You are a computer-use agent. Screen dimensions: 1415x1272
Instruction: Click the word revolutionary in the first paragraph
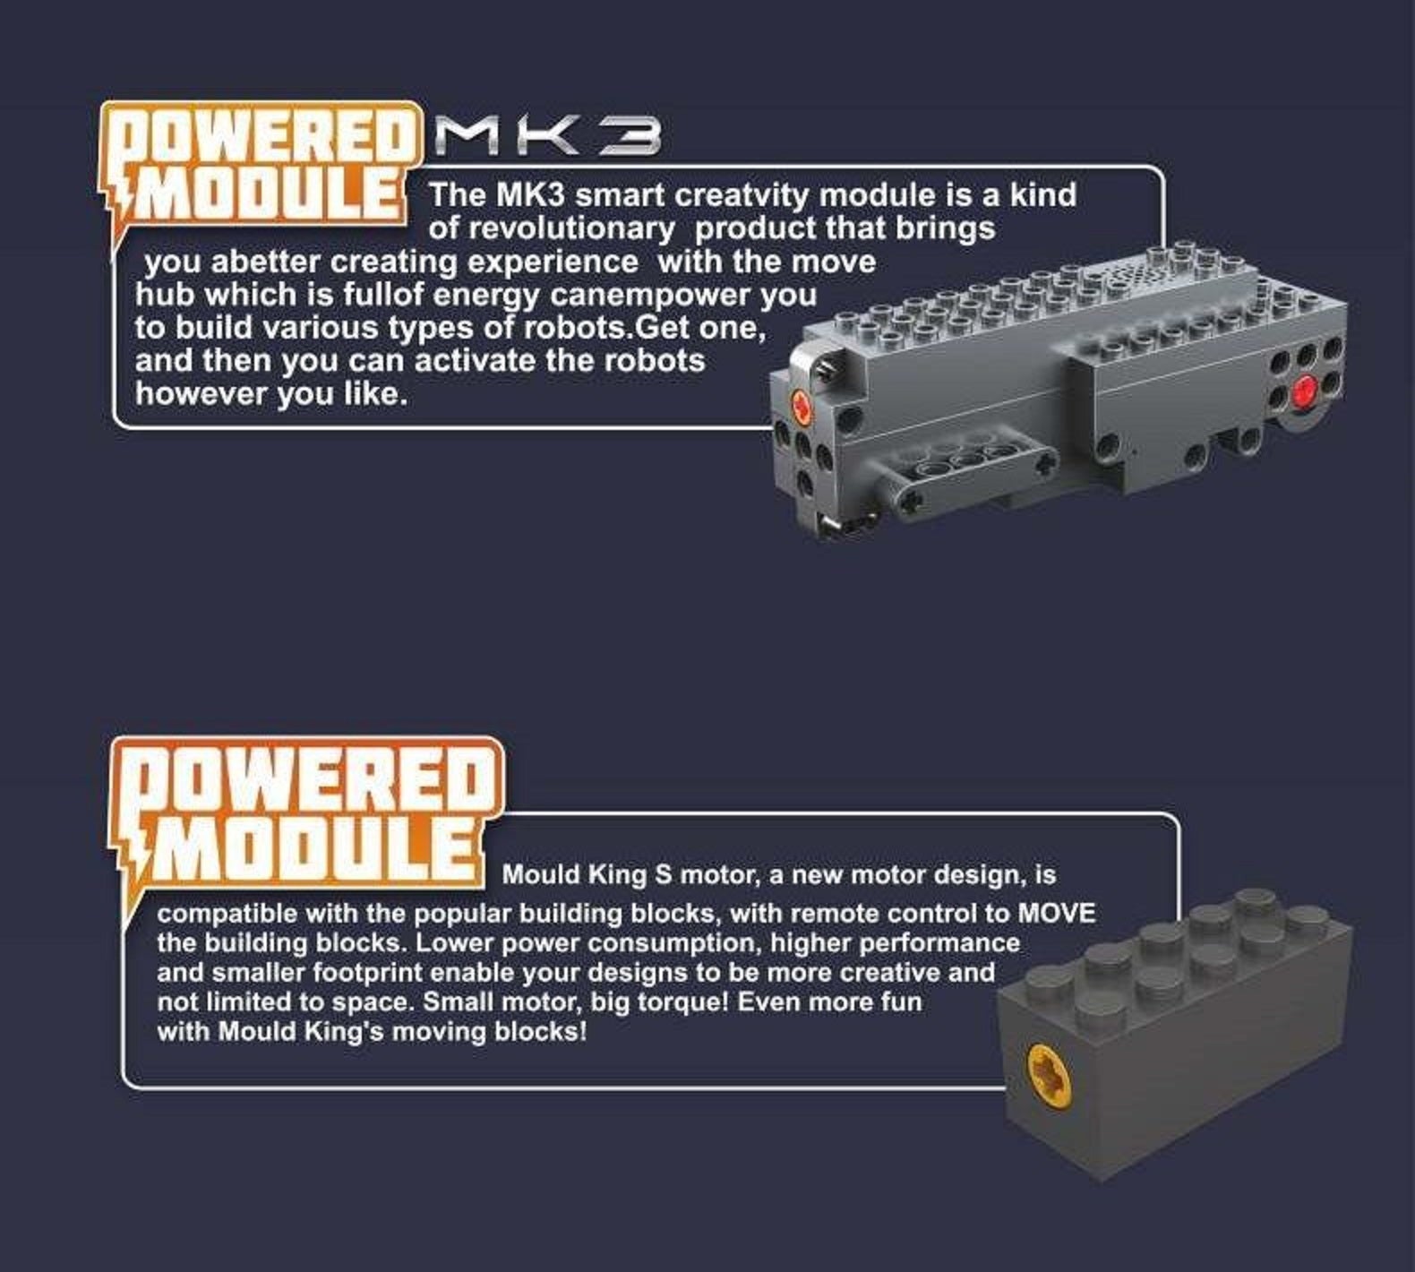(552, 228)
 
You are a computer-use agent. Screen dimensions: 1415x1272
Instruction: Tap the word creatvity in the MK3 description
(742, 195)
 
